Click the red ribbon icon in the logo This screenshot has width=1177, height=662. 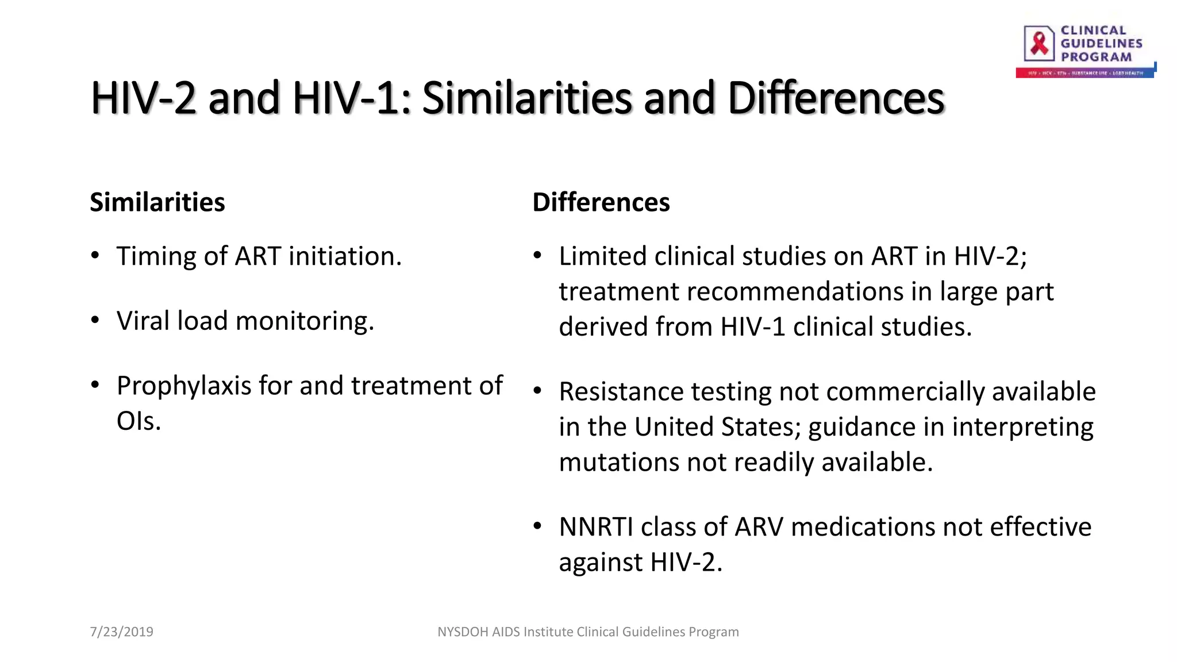[x=1039, y=43]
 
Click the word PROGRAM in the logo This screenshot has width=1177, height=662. [x=1096, y=57]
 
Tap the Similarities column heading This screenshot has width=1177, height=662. [x=157, y=202]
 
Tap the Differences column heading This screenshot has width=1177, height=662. [x=601, y=202]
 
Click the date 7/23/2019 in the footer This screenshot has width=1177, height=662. [x=121, y=632]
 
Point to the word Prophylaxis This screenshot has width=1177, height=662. [x=184, y=386]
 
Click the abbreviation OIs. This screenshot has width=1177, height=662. [x=138, y=421]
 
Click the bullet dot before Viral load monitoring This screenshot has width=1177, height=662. [x=95, y=320]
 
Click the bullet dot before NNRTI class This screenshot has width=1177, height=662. [x=537, y=526]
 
